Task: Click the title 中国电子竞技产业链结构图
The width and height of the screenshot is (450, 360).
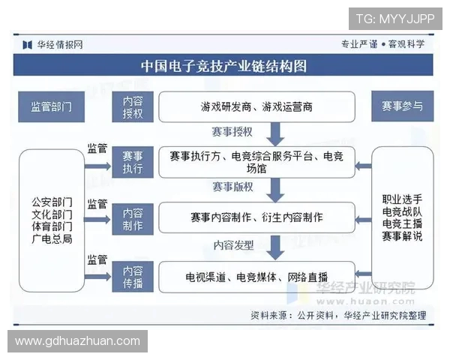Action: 224,66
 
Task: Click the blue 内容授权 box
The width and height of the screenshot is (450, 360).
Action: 133,107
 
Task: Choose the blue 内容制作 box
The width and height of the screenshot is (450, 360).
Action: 133,217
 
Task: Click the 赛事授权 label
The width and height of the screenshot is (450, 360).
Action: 232,133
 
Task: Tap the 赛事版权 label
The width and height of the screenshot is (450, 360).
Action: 232,187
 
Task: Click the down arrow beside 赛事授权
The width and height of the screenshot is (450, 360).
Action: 275,133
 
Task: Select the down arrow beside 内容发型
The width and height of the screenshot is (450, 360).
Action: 275,246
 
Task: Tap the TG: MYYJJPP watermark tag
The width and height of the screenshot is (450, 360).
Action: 394,18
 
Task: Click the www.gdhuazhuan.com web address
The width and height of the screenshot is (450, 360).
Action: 78,341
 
